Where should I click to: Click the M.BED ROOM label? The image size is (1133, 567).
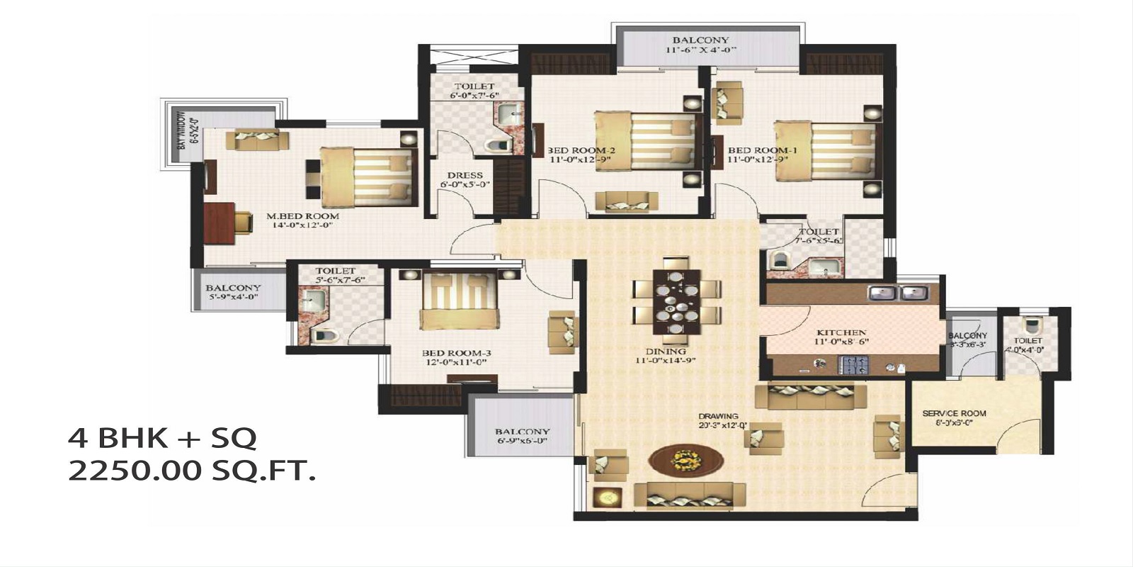click(302, 216)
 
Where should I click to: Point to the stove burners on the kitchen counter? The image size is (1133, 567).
click(853, 366)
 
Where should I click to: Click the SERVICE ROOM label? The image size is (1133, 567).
click(954, 413)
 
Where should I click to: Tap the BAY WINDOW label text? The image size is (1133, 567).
click(182, 130)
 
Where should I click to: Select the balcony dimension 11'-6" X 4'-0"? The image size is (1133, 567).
click(700, 50)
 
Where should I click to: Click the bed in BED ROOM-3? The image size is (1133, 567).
click(460, 302)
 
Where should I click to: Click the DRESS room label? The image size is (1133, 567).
click(465, 175)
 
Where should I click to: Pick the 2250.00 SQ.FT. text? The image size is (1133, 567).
click(191, 471)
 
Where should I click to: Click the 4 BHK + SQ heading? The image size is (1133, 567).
click(162, 438)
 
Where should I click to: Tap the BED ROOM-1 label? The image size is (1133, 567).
click(762, 150)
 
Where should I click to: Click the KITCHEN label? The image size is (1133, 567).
click(841, 332)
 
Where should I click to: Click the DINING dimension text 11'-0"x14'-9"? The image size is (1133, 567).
click(666, 361)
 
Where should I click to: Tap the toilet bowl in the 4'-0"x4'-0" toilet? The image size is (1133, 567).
click(1033, 325)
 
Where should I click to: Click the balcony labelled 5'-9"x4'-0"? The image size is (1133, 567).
click(233, 291)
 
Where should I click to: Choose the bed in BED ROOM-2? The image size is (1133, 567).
click(647, 141)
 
